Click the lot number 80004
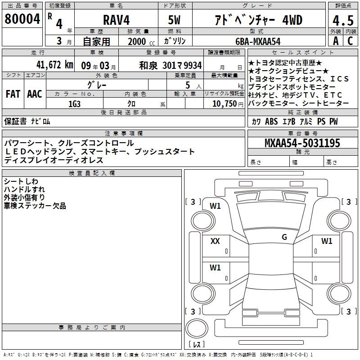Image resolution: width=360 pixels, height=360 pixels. [22, 19]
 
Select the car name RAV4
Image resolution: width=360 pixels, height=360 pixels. [117, 20]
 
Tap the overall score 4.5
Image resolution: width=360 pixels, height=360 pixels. [343, 20]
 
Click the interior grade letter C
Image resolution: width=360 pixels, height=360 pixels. [350, 41]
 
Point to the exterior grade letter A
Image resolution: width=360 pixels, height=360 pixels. [336, 41]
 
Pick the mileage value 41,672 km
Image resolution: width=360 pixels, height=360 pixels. [55, 65]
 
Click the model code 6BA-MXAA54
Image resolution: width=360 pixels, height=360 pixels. [258, 41]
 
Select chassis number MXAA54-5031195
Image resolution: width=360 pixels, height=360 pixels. [302, 143]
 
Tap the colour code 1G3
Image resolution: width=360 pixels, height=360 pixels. [75, 104]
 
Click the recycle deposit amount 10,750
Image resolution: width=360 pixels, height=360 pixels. [225, 104]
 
